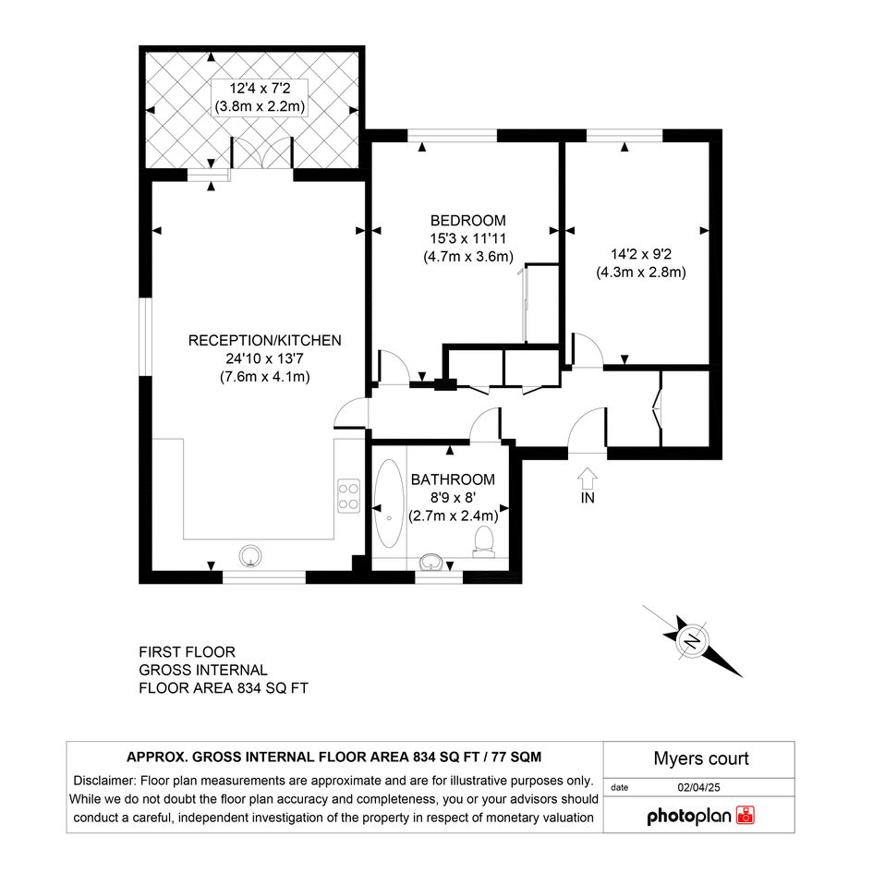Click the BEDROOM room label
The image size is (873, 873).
tap(468, 221)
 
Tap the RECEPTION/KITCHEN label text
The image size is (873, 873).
tap(264, 340)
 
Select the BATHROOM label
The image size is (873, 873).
tap(453, 479)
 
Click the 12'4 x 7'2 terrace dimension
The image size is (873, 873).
tap(260, 88)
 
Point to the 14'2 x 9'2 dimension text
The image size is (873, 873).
tap(641, 254)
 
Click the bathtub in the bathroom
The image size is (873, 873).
tap(389, 503)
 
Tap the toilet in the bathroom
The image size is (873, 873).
tap(484, 541)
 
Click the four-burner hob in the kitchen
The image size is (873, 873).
tap(349, 496)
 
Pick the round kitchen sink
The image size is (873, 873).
tap(250, 555)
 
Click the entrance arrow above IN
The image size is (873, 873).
tap(588, 478)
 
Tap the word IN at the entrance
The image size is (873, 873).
tap(588, 498)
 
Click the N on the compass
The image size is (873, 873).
tap(693, 641)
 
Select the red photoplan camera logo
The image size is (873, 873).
tap(745, 815)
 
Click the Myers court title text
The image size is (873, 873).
tap(701, 758)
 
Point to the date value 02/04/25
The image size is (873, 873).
tap(698, 787)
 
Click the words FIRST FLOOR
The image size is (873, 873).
tap(187, 652)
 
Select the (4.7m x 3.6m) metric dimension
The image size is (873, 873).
tap(468, 257)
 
